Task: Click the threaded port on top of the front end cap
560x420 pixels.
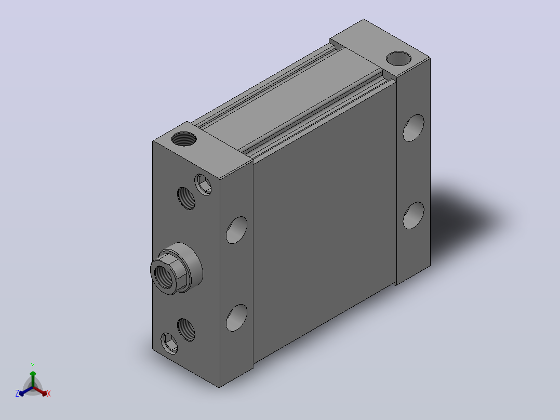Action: click(x=184, y=139)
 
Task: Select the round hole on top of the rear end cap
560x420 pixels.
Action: click(x=398, y=59)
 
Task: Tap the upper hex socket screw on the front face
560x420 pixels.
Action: click(x=203, y=185)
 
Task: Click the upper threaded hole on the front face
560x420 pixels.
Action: click(x=186, y=198)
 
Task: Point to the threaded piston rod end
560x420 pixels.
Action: click(x=165, y=274)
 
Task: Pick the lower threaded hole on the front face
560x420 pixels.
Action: click(x=186, y=330)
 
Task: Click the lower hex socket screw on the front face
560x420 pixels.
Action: click(x=169, y=344)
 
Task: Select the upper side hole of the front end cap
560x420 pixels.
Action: click(x=236, y=230)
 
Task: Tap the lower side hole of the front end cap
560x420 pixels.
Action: click(x=236, y=318)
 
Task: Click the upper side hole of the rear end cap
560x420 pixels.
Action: click(x=414, y=128)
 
